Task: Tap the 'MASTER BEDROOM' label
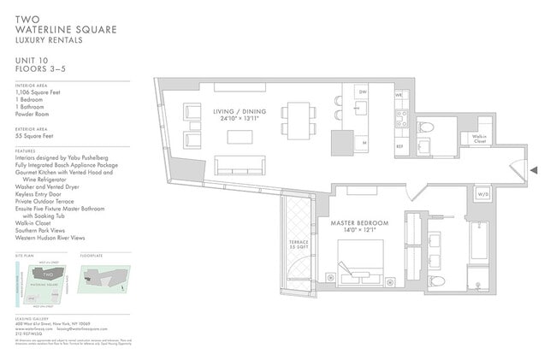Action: coord(359,223)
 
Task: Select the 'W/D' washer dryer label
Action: coord(483,194)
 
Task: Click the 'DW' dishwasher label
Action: coord(363,91)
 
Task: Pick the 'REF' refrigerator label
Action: coord(399,146)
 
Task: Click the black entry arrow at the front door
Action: coord(534,171)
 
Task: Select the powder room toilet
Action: coord(428,128)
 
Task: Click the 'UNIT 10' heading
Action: coord(34,60)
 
